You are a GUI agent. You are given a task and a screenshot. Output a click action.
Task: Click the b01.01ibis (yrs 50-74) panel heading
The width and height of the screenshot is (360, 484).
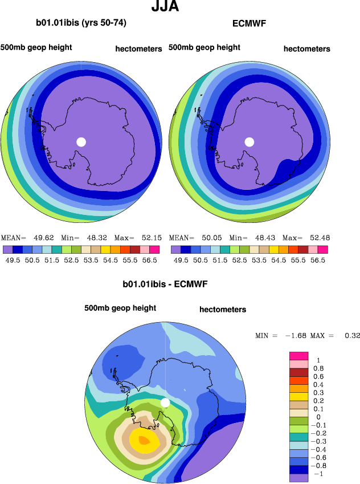(81, 23)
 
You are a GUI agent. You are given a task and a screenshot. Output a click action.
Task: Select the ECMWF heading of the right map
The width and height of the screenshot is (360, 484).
(249, 24)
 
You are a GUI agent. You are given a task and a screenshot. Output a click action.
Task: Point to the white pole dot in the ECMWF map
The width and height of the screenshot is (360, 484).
(249, 141)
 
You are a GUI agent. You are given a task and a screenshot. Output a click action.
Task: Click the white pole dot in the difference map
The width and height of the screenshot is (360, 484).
(166, 403)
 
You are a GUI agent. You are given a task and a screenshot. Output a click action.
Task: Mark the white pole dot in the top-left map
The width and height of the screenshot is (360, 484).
(81, 141)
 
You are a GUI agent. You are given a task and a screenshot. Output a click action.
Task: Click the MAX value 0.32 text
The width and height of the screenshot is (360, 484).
(352, 335)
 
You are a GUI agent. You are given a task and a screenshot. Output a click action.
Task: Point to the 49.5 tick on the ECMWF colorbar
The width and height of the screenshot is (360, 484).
(181, 260)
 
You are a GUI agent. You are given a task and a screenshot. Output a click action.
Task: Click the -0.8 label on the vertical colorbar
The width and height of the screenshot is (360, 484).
(321, 465)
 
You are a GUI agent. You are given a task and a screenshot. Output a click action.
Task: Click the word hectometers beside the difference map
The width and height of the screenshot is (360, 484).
(223, 310)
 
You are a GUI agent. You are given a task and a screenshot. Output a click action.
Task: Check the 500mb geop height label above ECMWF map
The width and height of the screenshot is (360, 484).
(204, 47)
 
